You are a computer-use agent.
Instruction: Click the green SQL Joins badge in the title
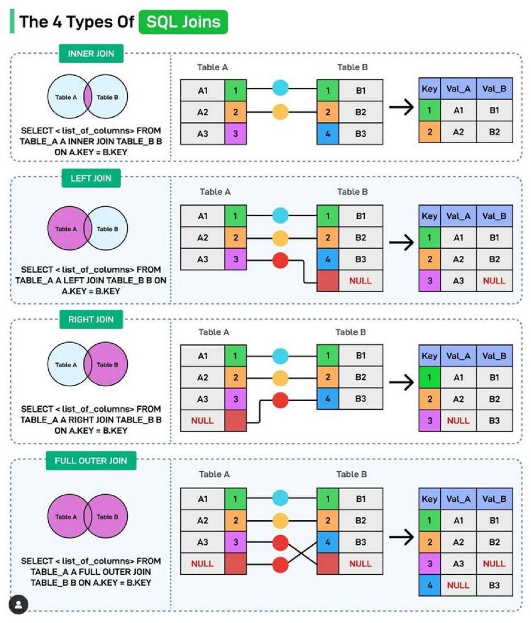tap(184, 22)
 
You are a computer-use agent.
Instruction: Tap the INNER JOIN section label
tap(91, 54)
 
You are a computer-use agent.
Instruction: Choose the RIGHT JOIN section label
tap(91, 320)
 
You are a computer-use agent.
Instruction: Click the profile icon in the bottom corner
tap(19, 604)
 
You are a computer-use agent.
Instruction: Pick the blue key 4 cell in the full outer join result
tap(429, 585)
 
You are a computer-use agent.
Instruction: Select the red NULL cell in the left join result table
tap(494, 280)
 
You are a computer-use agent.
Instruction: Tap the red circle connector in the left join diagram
tap(280, 259)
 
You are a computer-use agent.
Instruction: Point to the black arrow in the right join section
tap(402, 382)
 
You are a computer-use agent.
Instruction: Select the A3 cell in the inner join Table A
tap(203, 133)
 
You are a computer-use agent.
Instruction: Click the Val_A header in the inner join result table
tap(458, 89)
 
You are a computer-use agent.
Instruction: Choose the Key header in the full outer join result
tap(429, 499)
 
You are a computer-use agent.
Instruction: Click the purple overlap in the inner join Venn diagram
tap(87, 97)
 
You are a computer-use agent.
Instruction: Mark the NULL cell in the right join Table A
tap(203, 421)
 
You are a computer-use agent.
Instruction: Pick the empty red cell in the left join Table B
tap(327, 281)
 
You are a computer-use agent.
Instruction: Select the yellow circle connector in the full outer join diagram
tap(280, 521)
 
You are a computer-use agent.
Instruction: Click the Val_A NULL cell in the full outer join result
tap(458, 585)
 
